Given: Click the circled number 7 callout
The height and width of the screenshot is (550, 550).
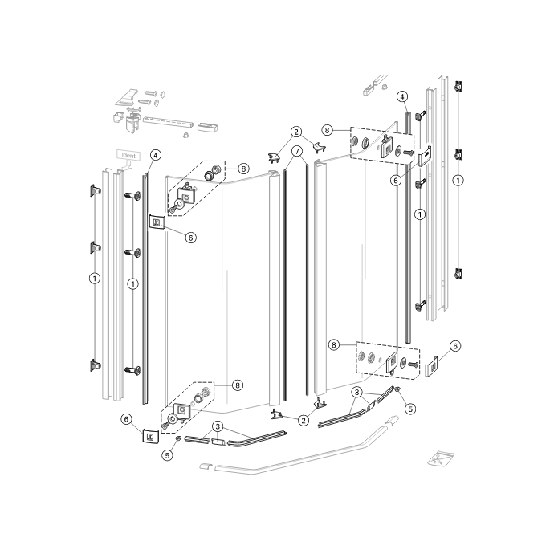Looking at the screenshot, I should [x=296, y=151].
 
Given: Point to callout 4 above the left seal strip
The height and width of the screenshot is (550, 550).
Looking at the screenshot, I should [x=155, y=154].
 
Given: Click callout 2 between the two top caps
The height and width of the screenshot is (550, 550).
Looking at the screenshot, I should [x=296, y=132].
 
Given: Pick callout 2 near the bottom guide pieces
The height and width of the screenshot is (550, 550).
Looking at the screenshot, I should [x=304, y=420].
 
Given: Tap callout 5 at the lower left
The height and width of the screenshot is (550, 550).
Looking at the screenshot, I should [x=168, y=455].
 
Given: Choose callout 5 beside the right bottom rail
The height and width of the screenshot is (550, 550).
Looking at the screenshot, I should [x=410, y=408].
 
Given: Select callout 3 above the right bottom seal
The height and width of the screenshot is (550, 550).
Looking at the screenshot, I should [x=356, y=392].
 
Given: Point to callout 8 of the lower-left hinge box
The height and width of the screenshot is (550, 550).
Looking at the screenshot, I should [x=237, y=385].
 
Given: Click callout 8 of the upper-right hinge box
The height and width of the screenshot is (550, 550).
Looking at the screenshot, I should [x=328, y=128].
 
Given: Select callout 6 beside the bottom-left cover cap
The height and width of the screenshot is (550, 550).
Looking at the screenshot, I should [x=126, y=418].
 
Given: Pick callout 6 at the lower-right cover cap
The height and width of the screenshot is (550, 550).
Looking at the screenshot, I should [x=455, y=346].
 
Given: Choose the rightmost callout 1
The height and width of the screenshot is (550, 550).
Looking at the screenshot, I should [x=458, y=180].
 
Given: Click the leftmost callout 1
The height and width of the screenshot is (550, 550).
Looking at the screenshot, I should [x=95, y=279].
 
